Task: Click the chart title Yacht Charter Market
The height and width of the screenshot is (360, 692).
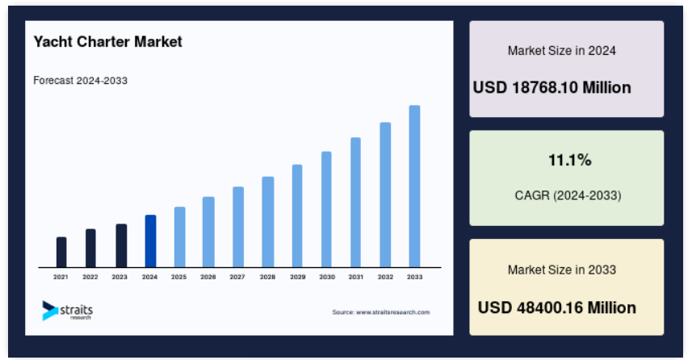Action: [x=107, y=41]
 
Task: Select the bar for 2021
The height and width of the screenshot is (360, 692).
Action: [x=61, y=252]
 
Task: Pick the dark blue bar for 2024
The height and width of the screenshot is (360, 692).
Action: [x=150, y=241]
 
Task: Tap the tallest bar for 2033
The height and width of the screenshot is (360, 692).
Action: [x=414, y=186]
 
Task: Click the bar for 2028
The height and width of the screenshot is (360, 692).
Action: [x=268, y=222]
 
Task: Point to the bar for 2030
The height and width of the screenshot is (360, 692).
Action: [x=326, y=209]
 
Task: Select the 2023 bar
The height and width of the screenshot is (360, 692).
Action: [x=121, y=245]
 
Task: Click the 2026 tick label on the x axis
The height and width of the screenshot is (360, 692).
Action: [x=208, y=277]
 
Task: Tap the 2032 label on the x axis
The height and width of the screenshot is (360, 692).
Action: [x=385, y=277]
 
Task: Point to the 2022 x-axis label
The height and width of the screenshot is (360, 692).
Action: [x=90, y=277]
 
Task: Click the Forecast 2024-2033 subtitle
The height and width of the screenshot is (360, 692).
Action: [x=80, y=80]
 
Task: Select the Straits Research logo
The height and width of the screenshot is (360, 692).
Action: [x=68, y=311]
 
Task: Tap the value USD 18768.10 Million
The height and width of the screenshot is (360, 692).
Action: [x=552, y=87]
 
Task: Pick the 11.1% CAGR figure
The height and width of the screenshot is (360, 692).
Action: [x=570, y=160]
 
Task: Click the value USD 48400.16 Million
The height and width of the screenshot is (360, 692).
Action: [x=557, y=308]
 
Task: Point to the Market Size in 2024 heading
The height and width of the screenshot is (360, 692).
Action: [x=562, y=51]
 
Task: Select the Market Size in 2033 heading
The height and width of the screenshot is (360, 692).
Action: [x=562, y=270]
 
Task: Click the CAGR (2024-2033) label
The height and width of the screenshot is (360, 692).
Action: [x=568, y=195]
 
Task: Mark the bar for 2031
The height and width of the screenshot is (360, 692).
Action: [x=356, y=202]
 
